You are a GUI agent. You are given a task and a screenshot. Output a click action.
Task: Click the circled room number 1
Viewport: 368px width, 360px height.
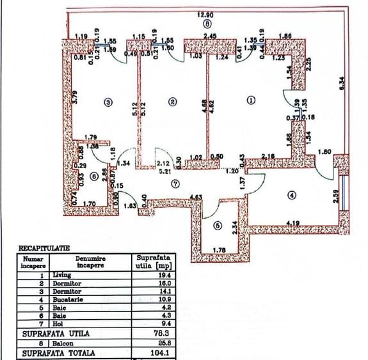[250, 100]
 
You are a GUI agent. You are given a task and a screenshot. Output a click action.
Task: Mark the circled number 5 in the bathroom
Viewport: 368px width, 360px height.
[217, 225]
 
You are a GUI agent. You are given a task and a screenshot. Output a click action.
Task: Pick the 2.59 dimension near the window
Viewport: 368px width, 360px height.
[335, 196]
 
